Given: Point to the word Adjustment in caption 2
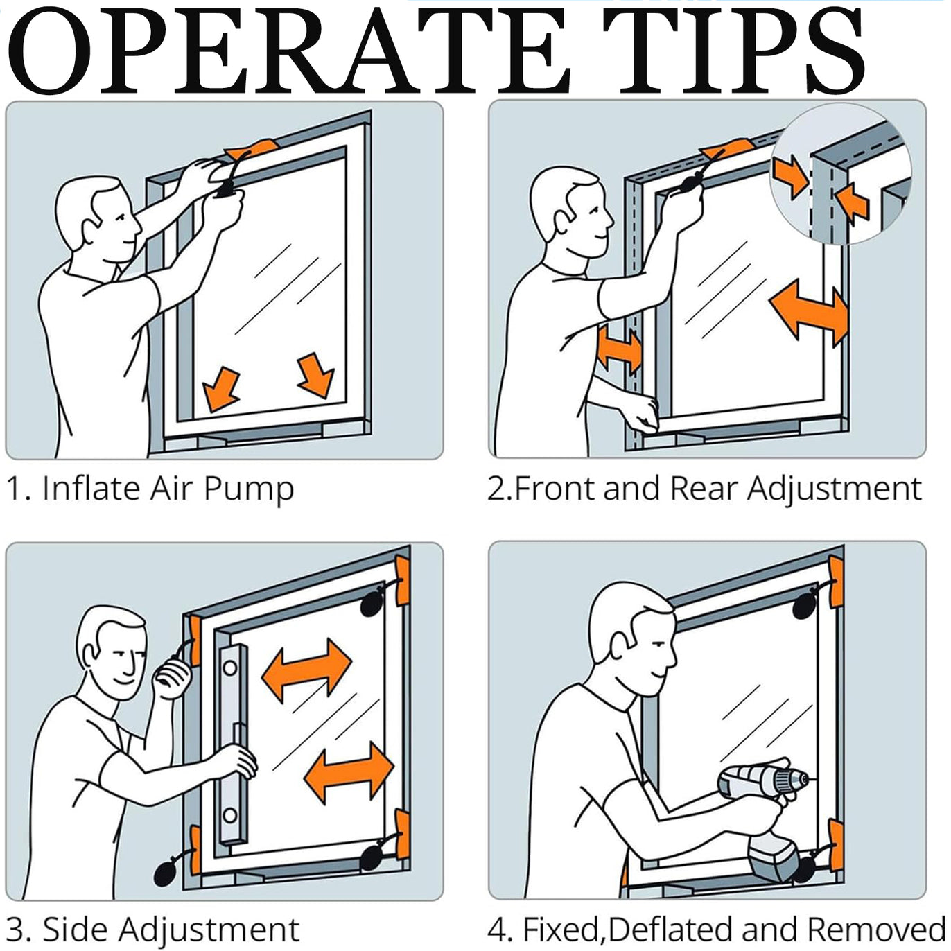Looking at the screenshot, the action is click(x=834, y=489).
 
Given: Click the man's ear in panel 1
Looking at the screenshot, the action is click(x=91, y=232).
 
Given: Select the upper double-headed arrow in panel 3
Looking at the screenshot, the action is click(x=306, y=670).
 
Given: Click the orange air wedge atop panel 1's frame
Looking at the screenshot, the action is click(x=252, y=148).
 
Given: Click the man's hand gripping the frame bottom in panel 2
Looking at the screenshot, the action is click(x=642, y=414).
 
